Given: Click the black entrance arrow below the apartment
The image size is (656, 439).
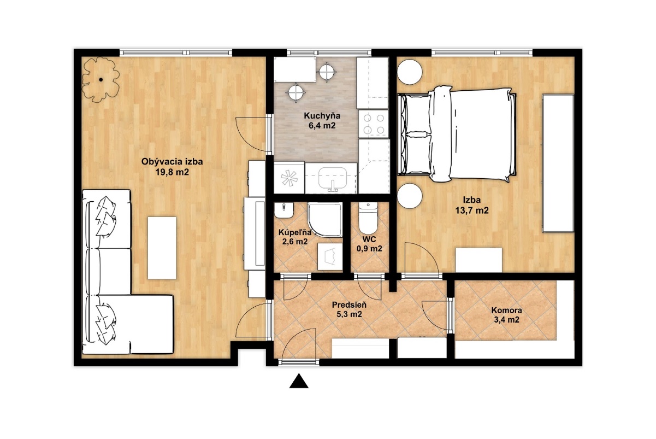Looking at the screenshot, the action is pyautogui.click(x=299, y=381).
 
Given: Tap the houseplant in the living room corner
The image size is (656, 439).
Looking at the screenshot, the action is pyautogui.click(x=101, y=80).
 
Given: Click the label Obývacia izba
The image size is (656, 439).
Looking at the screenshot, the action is pyautogui.click(x=172, y=161).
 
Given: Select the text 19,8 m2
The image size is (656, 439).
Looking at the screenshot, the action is pyautogui.click(x=172, y=172).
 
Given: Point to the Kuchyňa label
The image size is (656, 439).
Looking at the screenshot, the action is pyautogui.click(x=322, y=116).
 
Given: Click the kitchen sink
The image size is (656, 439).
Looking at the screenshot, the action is pyautogui.click(x=333, y=179).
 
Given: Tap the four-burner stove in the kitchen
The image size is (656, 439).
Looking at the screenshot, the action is pyautogui.click(x=374, y=124).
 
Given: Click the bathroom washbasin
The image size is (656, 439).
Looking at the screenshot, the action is pyautogui.click(x=284, y=210).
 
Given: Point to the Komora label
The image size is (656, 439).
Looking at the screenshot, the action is pyautogui.click(x=506, y=310).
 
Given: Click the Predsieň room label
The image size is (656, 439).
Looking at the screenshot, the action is pyautogui.click(x=349, y=305).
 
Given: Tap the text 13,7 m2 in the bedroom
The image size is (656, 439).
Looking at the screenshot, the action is pyautogui.click(x=472, y=210).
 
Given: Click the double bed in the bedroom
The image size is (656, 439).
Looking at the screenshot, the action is pyautogui.click(x=456, y=134).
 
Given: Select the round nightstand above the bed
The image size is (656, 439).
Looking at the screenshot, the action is pyautogui.click(x=410, y=72).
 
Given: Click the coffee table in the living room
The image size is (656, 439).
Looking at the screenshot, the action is pyautogui.click(x=162, y=248).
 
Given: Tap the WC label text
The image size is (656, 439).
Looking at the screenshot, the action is pyautogui.click(x=369, y=239).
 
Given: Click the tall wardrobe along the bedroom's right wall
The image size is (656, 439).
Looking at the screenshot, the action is pyautogui.click(x=558, y=163).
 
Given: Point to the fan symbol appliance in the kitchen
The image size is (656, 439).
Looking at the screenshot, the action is pyautogui.click(x=289, y=178).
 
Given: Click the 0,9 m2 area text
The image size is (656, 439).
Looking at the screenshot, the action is pyautogui.click(x=369, y=249).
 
